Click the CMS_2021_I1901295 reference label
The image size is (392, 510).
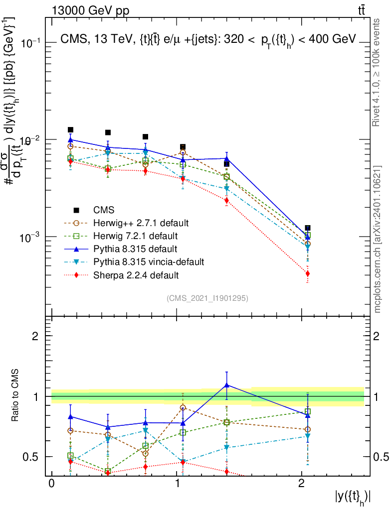[x=207, y=298]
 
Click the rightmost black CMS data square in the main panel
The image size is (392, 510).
[x=308, y=228]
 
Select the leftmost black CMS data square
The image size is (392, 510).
[x=70, y=130]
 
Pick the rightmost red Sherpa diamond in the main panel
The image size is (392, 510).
[x=308, y=273]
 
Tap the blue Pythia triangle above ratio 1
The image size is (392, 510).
[x=227, y=385]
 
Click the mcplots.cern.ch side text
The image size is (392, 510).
[x=378, y=239]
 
